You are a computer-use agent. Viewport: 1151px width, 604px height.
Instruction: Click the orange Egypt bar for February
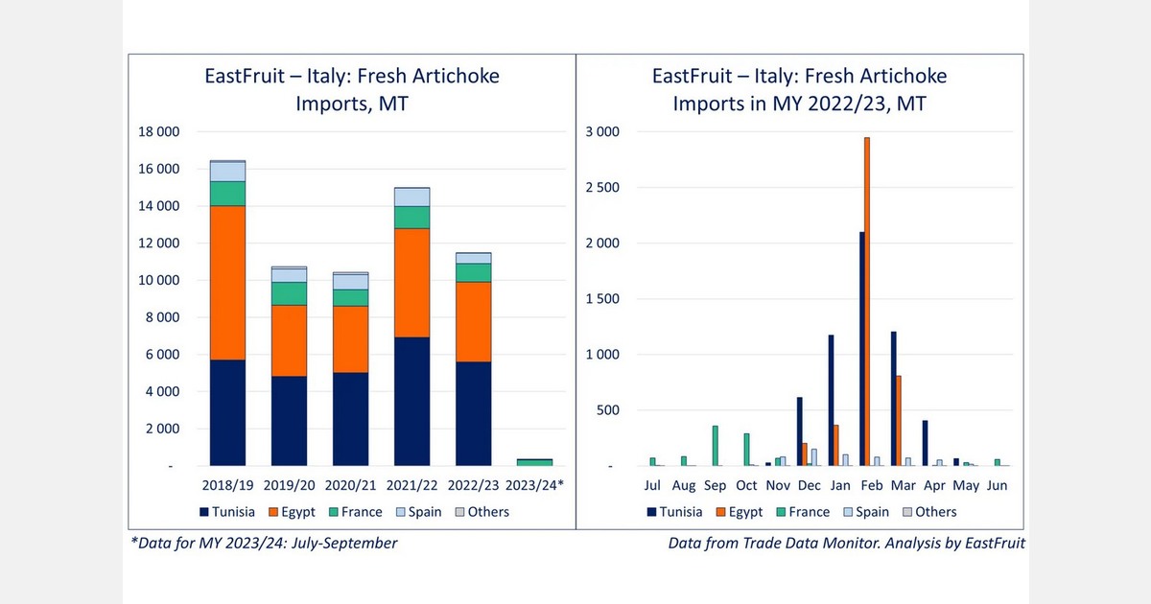pos(867,302)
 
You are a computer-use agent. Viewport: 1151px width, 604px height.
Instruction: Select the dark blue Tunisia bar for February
pos(861,349)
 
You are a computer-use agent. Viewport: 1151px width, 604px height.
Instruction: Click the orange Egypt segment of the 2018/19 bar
pos(228,283)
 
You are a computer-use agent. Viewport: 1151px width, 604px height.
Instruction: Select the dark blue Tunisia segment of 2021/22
pos(411,402)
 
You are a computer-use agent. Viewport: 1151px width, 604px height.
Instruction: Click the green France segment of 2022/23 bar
pos(473,272)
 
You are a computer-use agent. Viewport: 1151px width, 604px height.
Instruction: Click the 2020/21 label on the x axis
pos(350,485)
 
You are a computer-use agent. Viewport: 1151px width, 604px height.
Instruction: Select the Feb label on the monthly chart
pos(872,485)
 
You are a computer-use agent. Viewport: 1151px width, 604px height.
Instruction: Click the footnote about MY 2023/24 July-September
pos(264,544)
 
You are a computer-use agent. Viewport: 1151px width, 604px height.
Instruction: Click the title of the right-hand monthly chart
pos(798,89)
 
